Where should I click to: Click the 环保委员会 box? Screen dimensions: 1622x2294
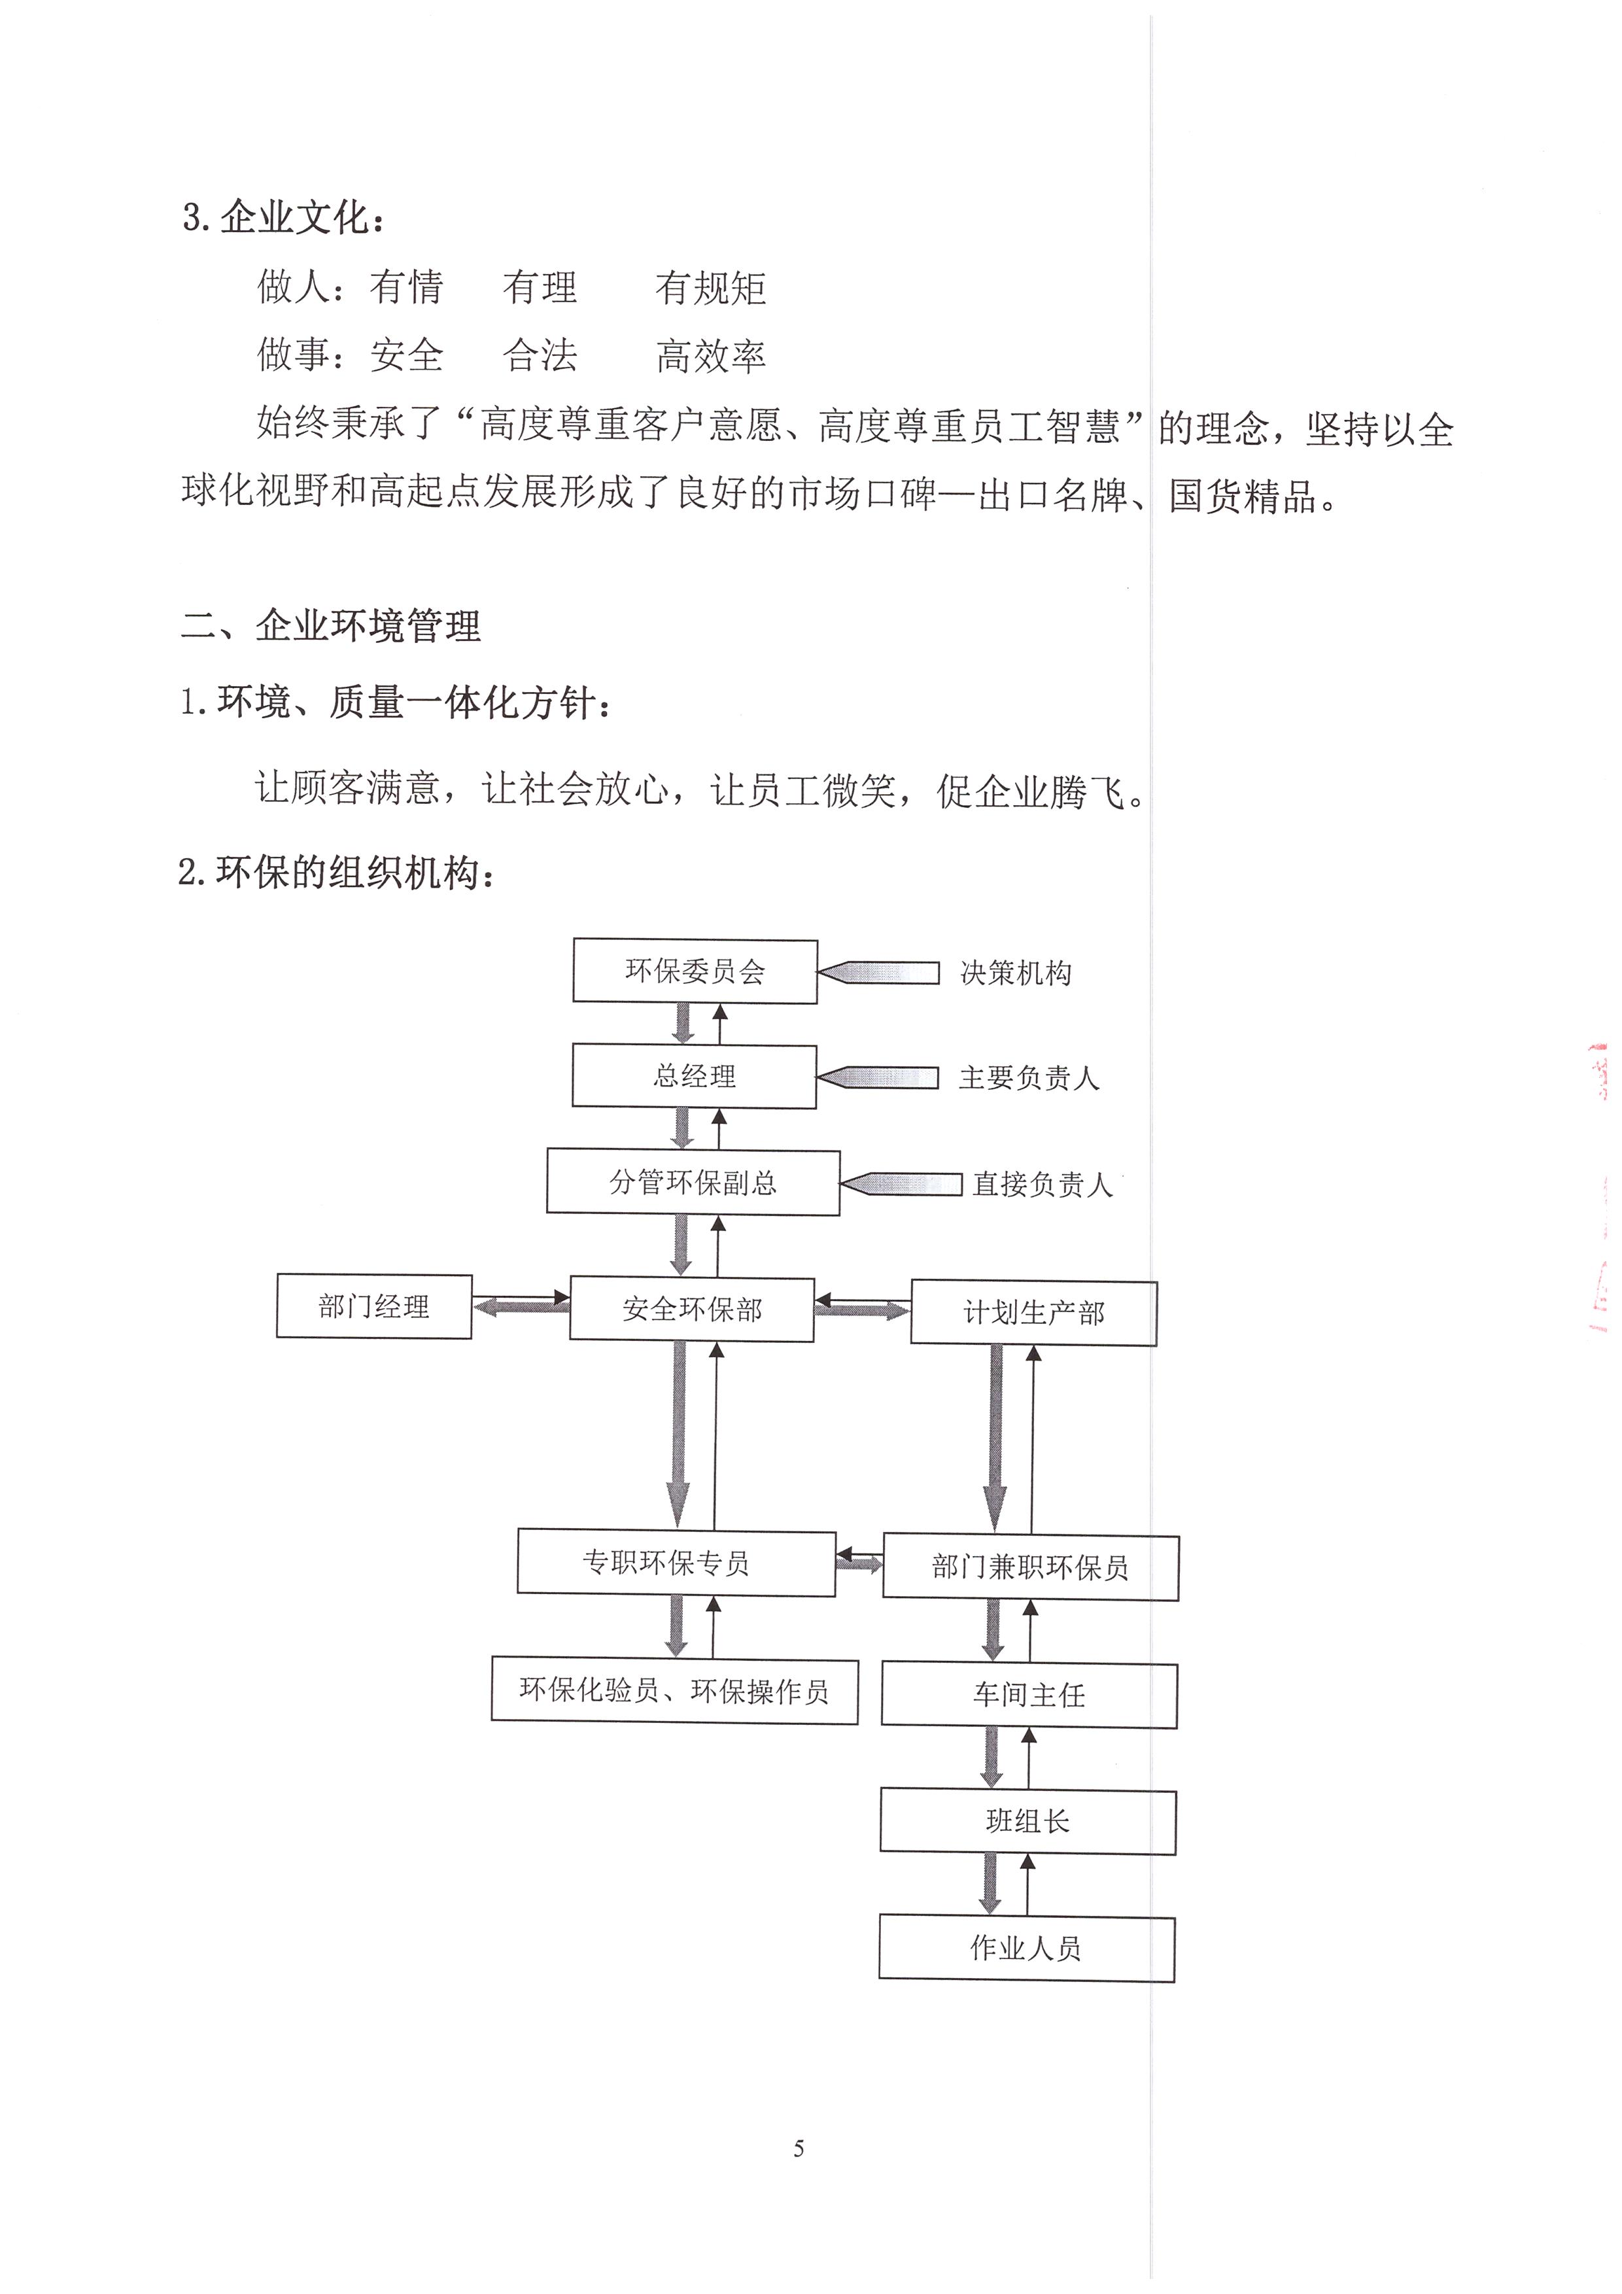tap(695, 971)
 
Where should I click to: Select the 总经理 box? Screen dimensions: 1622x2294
tap(694, 1076)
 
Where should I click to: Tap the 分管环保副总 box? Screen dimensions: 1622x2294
tap(693, 1183)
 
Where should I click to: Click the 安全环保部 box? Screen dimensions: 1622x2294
tap(692, 1309)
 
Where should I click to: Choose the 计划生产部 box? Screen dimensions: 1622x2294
tap(1034, 1313)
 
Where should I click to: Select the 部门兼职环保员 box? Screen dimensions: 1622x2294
tap(1031, 1567)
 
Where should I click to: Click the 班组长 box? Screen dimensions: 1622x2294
tap(1027, 1822)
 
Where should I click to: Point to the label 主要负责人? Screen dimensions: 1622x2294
tap(1029, 1078)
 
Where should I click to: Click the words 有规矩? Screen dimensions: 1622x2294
tap(711, 288)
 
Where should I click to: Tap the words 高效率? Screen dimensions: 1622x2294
tap(711, 356)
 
